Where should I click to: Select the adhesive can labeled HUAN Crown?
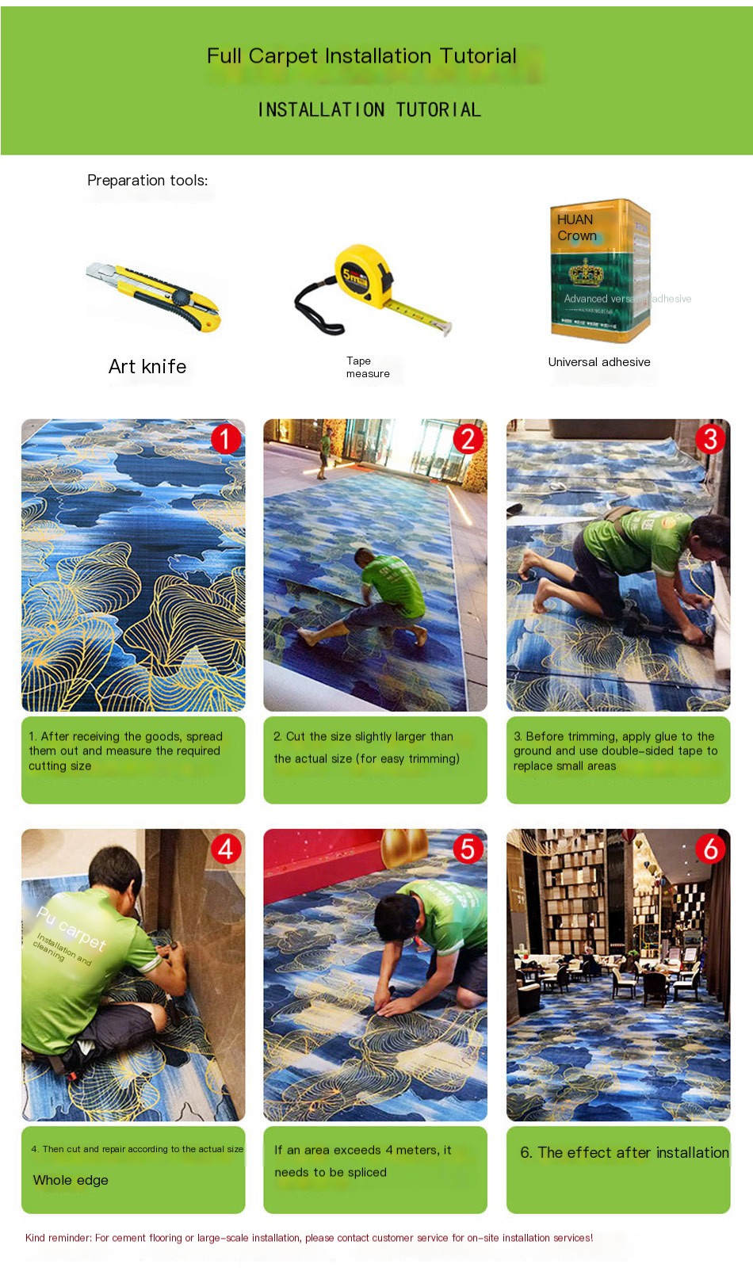[600, 272]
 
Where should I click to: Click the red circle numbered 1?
[226, 438]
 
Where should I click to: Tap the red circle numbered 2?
[468, 438]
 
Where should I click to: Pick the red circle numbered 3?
[710, 438]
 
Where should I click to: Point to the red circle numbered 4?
[226, 849]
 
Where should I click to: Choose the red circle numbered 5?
[468, 849]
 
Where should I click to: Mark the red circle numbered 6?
[710, 849]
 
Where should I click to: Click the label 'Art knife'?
[147, 367]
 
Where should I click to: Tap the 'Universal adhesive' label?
[599, 362]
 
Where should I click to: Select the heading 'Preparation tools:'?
[147, 181]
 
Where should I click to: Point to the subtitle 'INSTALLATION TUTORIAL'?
[369, 110]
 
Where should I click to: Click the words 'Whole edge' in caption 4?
[71, 1180]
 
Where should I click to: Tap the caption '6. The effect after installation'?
[624, 1153]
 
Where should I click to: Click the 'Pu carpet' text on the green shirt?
[71, 928]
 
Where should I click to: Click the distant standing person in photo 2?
[324, 452]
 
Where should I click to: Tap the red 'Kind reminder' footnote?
[309, 1238]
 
